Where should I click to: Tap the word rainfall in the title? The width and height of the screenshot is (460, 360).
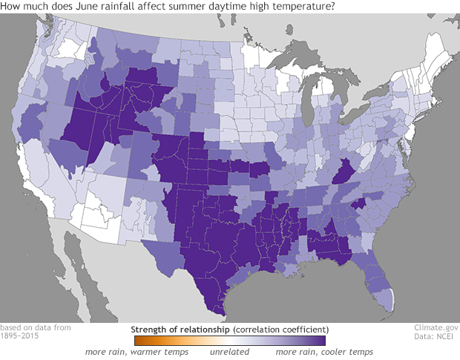(116, 7)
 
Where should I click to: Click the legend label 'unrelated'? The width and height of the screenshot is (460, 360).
(230, 352)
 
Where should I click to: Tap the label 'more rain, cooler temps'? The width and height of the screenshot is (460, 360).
(324, 352)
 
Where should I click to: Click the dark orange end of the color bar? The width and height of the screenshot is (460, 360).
(138, 340)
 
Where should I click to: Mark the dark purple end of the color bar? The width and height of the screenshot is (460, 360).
(321, 340)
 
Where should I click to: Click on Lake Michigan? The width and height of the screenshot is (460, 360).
(316, 103)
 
